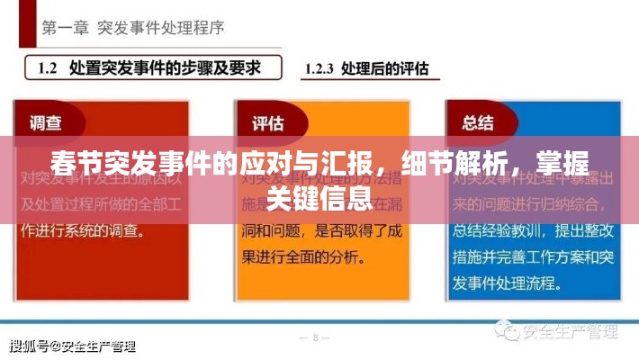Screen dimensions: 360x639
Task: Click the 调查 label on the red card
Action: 47,123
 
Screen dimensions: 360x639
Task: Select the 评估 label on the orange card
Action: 268,123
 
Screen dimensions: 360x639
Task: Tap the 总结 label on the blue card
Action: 478,123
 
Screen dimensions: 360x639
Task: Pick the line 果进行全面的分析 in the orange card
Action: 301,255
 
